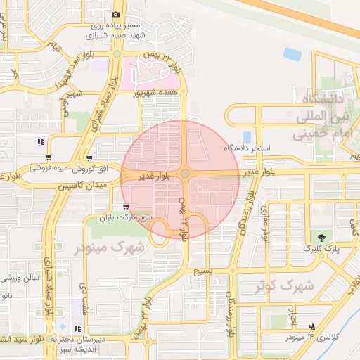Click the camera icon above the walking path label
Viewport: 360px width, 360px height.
click(x=115, y=14)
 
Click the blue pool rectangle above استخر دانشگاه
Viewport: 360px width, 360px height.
click(x=246, y=137)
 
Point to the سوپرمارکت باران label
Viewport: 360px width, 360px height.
click(x=115, y=219)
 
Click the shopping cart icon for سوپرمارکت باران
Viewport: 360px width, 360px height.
click(x=125, y=207)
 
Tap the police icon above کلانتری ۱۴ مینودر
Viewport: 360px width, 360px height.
click(x=311, y=326)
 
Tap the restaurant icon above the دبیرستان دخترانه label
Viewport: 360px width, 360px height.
click(x=77, y=328)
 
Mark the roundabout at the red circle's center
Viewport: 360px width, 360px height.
click(x=184, y=173)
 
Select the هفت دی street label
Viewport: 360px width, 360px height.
click(x=84, y=295)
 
